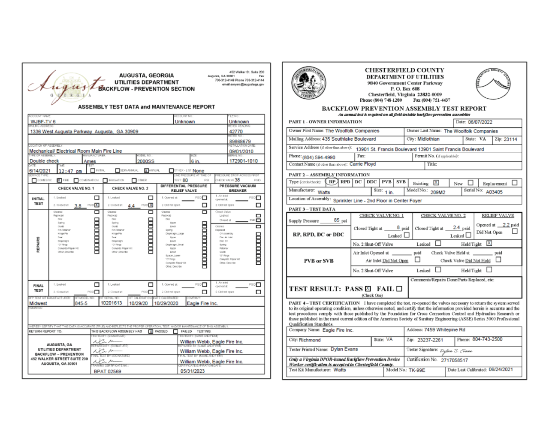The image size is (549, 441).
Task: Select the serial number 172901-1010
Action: click(x=244, y=161)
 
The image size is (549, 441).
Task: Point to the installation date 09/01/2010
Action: click(x=242, y=151)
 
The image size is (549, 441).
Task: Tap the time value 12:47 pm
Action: click(x=70, y=171)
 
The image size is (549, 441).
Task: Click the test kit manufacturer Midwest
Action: click(x=38, y=303)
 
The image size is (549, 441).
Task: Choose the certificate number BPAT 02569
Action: click(x=107, y=372)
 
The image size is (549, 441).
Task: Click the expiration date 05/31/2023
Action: click(x=193, y=372)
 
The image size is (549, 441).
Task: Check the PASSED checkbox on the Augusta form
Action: click(x=151, y=332)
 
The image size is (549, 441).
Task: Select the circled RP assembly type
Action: click(x=332, y=182)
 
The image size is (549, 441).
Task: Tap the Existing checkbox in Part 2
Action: click(x=436, y=183)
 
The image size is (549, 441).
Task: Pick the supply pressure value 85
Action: click(x=337, y=220)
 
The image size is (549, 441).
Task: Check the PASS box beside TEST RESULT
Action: click(x=368, y=289)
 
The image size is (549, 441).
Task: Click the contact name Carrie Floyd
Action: click(x=362, y=164)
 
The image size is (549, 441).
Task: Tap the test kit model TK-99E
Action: click(x=417, y=370)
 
